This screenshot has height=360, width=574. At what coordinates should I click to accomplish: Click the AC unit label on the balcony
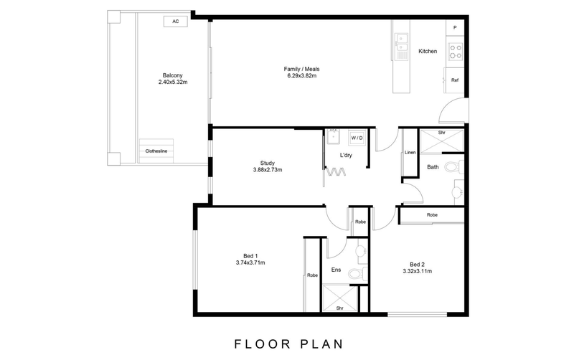(175, 22)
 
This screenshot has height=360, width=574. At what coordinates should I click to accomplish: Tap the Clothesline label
(156, 151)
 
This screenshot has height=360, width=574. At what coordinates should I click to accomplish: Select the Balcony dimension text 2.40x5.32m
(172, 82)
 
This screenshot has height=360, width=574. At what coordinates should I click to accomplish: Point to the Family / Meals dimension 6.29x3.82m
(301, 75)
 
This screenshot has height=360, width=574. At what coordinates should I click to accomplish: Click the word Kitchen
(428, 51)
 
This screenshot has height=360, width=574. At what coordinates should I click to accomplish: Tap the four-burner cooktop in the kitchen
(455, 51)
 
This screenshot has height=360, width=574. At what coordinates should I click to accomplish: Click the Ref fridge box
(454, 80)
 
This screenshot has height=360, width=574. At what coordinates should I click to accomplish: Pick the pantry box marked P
(455, 27)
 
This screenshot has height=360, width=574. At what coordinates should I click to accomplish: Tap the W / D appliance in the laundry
(357, 137)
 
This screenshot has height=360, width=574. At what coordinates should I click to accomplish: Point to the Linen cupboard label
(410, 153)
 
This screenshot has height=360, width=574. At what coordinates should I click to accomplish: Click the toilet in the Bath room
(452, 168)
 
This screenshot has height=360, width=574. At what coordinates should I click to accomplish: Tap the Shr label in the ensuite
(340, 308)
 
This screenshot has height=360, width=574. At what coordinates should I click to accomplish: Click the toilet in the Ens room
(354, 274)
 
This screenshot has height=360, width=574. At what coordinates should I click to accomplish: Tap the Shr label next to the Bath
(442, 133)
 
